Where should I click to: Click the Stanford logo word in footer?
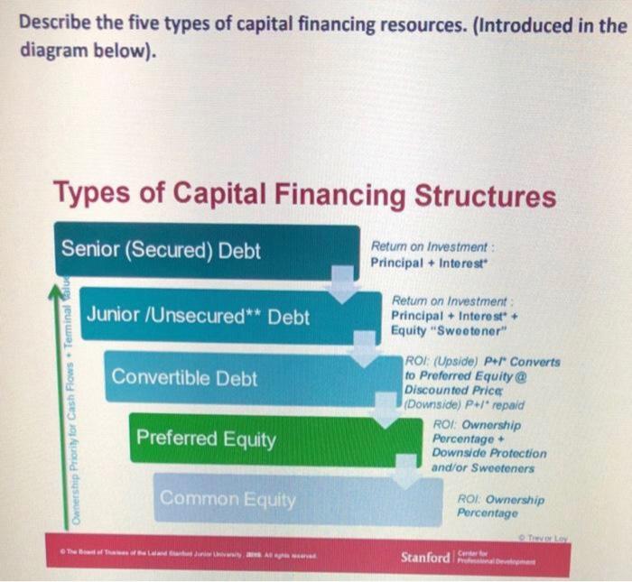[x=424, y=557]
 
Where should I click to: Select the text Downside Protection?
[x=488, y=453]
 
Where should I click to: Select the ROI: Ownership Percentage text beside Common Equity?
[x=500, y=506]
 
